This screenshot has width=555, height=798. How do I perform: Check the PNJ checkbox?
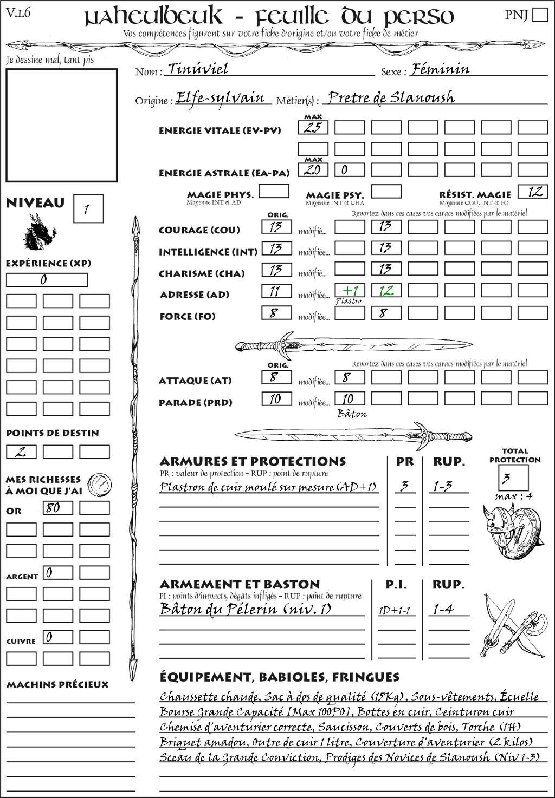(540, 14)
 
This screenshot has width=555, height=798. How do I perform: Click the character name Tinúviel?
(198, 69)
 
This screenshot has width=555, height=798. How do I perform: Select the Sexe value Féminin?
(441, 69)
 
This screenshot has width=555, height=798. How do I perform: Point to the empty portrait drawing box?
(61, 125)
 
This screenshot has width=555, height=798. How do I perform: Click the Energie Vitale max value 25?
(313, 128)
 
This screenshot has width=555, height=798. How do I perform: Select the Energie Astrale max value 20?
(313, 170)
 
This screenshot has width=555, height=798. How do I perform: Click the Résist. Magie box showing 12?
(533, 192)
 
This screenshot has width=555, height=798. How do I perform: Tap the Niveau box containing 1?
(88, 209)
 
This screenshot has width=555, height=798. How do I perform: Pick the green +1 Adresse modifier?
(350, 291)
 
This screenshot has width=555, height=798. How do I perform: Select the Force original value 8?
(276, 313)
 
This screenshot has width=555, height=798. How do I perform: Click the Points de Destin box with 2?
(21, 452)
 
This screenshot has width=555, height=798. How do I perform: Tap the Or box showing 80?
(58, 508)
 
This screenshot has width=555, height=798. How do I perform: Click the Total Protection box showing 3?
(513, 478)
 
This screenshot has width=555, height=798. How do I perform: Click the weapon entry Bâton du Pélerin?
(245, 610)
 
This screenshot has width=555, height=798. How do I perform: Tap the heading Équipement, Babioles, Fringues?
(279, 677)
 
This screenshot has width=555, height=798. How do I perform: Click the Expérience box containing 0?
(47, 280)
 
